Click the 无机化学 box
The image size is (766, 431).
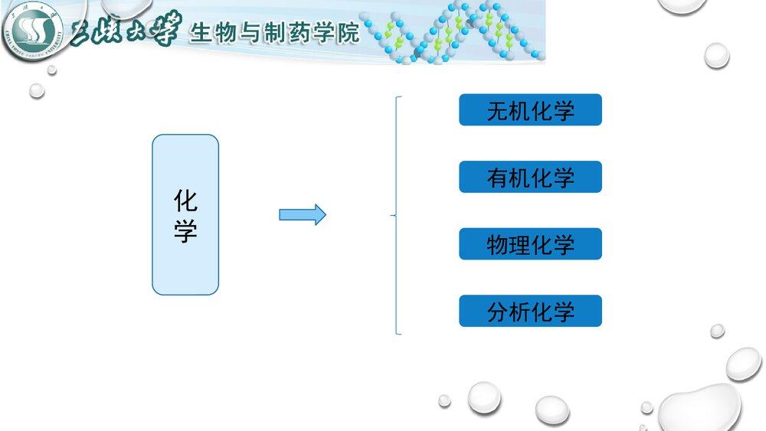coord(530,110)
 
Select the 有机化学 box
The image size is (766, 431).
coord(530,177)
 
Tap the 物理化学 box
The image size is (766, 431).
coord(530,244)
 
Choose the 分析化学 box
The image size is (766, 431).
coord(530,311)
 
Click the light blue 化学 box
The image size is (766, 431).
coord(185,214)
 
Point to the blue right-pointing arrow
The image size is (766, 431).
coord(302,214)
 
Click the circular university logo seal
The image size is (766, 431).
coord(31,31)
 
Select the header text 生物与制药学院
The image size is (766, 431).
coord(274,34)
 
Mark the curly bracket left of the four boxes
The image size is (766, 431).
coord(396,215)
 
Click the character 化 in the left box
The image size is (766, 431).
coord(185,201)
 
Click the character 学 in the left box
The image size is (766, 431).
coord(185,230)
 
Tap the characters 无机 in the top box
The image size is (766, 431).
coord(508,110)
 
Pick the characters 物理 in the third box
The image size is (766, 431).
coord(508,244)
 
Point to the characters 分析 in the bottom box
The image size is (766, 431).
coord(508,311)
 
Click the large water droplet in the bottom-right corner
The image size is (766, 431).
coord(701,406)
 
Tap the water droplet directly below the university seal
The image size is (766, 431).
coord(37,90)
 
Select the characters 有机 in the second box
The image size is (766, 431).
coord(508,177)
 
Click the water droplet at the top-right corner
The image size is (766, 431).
coord(682,6)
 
